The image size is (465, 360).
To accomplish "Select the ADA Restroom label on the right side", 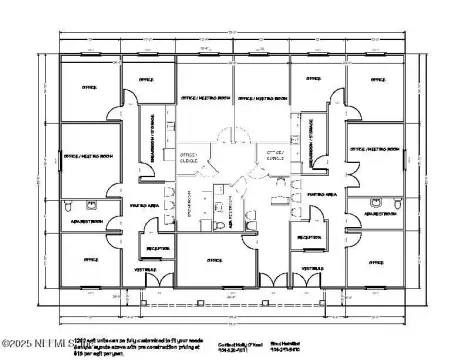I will (x=380, y=214).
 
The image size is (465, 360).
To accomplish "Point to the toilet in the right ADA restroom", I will (x=397, y=203).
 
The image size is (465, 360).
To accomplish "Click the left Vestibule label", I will (x=151, y=268).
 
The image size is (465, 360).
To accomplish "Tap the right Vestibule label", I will (x=313, y=268).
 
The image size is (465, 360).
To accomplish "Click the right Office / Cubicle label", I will (x=274, y=154).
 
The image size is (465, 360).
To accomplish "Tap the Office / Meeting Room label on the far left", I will (x=85, y=157).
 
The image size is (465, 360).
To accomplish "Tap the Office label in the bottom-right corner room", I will (x=376, y=262).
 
